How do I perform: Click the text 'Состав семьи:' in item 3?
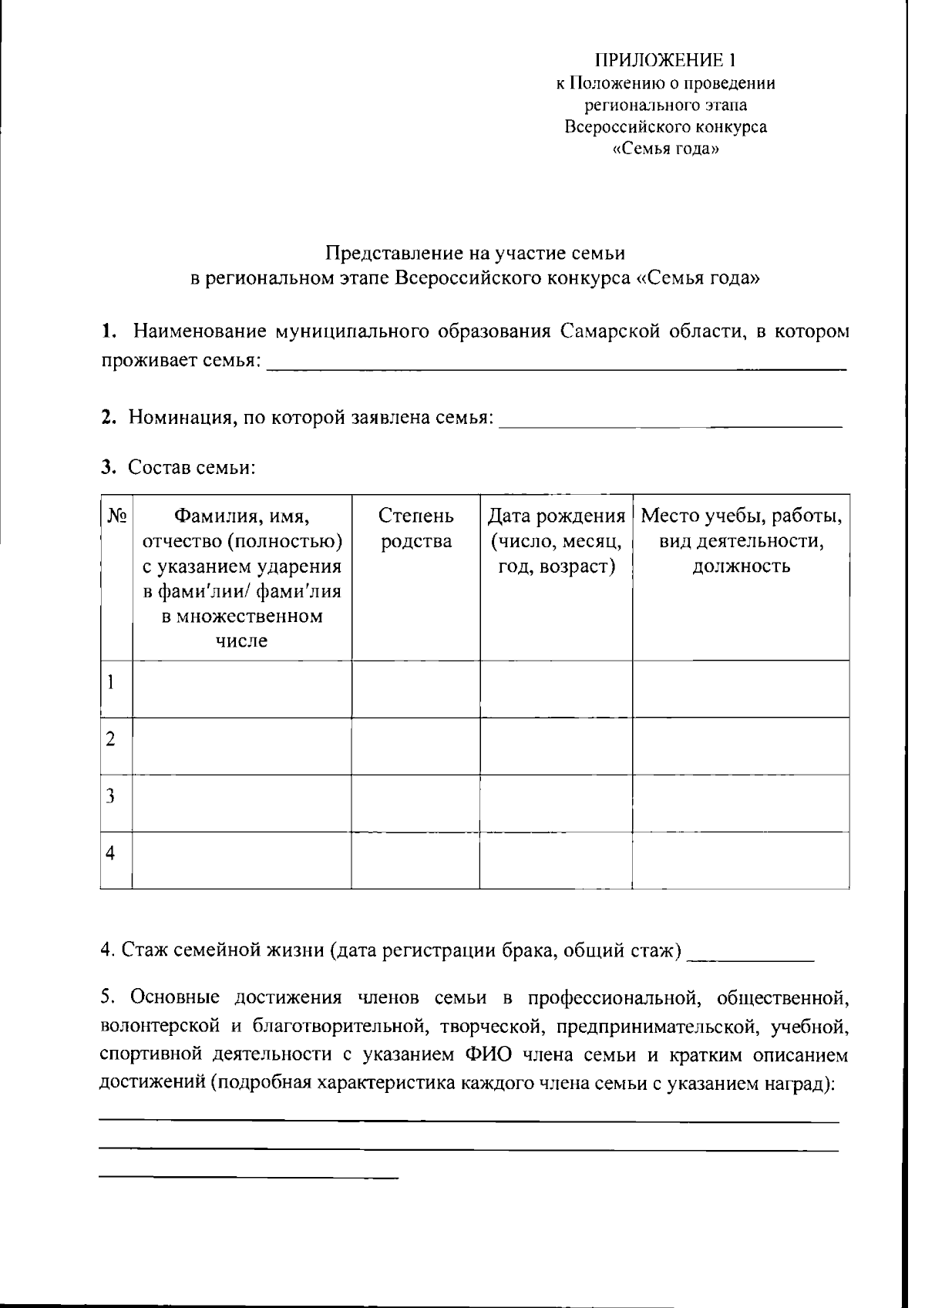[191, 467]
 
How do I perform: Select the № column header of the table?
[118, 516]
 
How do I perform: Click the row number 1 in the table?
[112, 682]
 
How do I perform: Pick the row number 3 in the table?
[112, 796]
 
